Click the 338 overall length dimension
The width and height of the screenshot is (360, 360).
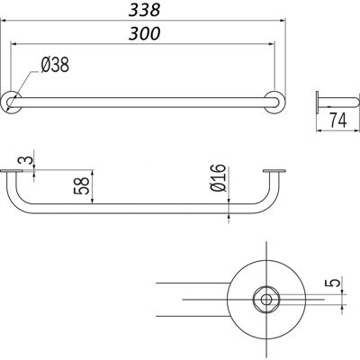(144, 10)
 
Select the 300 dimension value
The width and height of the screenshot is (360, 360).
(144, 33)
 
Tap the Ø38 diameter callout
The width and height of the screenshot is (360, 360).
(55, 65)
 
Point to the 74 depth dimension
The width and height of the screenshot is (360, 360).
(338, 121)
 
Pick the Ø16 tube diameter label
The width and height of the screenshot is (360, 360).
(218, 177)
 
